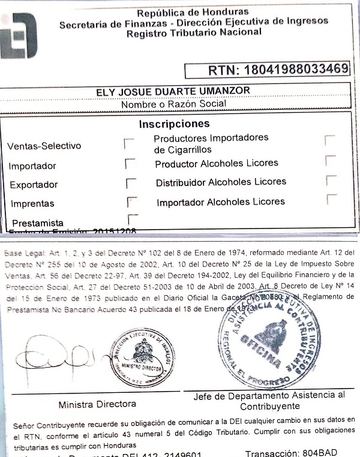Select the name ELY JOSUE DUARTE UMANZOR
coord(173,91)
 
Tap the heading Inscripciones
coord(174,124)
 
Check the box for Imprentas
coord(132,202)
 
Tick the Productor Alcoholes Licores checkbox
coord(329,160)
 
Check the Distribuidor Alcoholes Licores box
coord(330,180)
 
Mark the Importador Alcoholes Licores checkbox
coord(332,199)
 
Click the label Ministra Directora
coord(97,404)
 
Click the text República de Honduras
coord(193,13)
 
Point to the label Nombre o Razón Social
coord(173,104)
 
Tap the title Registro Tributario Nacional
coord(194,32)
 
